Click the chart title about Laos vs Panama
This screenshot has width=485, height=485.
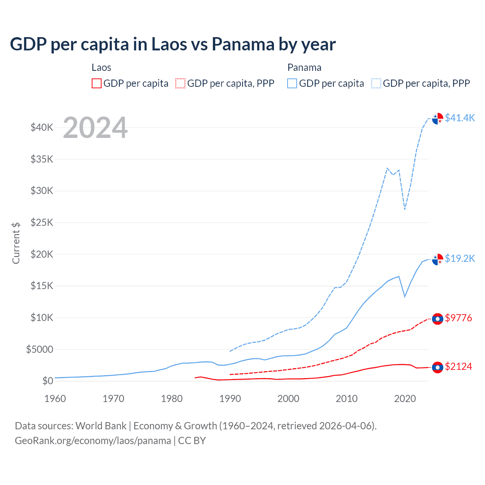pos(173,44)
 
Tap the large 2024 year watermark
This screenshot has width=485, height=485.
pos(95,128)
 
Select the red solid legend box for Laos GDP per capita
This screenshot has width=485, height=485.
pos(97,83)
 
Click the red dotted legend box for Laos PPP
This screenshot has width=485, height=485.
pos(181,83)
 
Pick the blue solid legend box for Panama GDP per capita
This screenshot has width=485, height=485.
pos(292,83)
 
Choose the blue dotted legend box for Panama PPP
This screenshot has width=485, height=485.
pos(376,83)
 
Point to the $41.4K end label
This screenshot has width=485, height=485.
pos(460,118)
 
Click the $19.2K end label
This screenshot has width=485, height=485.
pos(460,258)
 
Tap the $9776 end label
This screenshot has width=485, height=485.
pos(458,318)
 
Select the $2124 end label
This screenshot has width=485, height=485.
pos(458,366)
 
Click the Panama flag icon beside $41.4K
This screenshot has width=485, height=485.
pos(438,118)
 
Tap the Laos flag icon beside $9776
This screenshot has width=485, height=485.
pos(438,319)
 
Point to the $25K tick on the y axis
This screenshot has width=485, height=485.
pos(42,222)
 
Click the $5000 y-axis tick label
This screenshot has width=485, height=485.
pos(40,349)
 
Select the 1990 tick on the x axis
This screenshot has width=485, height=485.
pos(230,399)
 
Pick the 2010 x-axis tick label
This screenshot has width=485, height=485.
pos(347,399)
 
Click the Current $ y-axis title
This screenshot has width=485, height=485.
pos(16,243)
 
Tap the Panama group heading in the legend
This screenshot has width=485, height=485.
pos(304,67)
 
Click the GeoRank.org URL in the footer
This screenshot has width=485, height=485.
pos(93,441)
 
